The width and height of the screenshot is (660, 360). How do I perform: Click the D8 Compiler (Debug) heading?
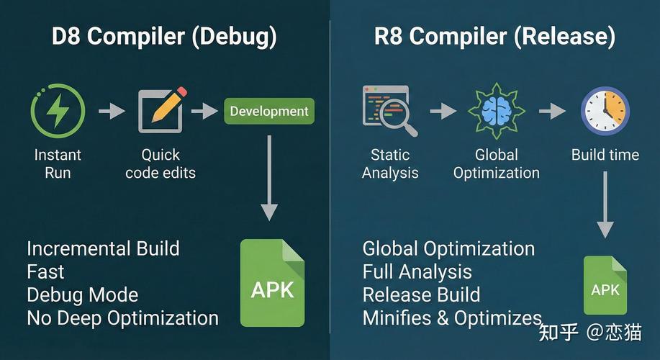point(164,37)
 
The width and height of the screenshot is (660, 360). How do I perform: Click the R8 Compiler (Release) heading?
point(495,37)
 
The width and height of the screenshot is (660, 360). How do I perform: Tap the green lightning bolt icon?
point(58,112)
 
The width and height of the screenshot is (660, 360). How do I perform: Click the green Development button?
point(269,112)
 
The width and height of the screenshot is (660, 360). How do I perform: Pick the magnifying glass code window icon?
point(389,111)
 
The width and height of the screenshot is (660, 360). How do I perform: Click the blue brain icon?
point(496,112)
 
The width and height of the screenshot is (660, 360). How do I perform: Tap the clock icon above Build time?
point(605,112)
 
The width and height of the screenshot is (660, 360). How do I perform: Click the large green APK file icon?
point(272,283)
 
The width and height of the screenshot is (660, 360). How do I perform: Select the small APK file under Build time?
point(605,286)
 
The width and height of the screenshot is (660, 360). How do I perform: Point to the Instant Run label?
point(58,163)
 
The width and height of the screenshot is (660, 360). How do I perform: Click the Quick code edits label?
point(161,163)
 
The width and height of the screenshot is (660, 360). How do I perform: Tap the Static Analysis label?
point(389,163)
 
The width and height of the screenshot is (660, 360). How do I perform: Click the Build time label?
point(605,155)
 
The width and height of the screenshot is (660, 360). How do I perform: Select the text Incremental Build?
point(103,249)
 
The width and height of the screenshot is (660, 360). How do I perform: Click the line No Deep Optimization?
point(122,318)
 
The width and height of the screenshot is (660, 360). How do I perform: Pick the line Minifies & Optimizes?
point(452,318)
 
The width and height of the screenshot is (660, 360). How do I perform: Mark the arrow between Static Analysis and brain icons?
point(443,111)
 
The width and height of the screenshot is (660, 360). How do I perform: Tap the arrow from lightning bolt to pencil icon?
point(111,111)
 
